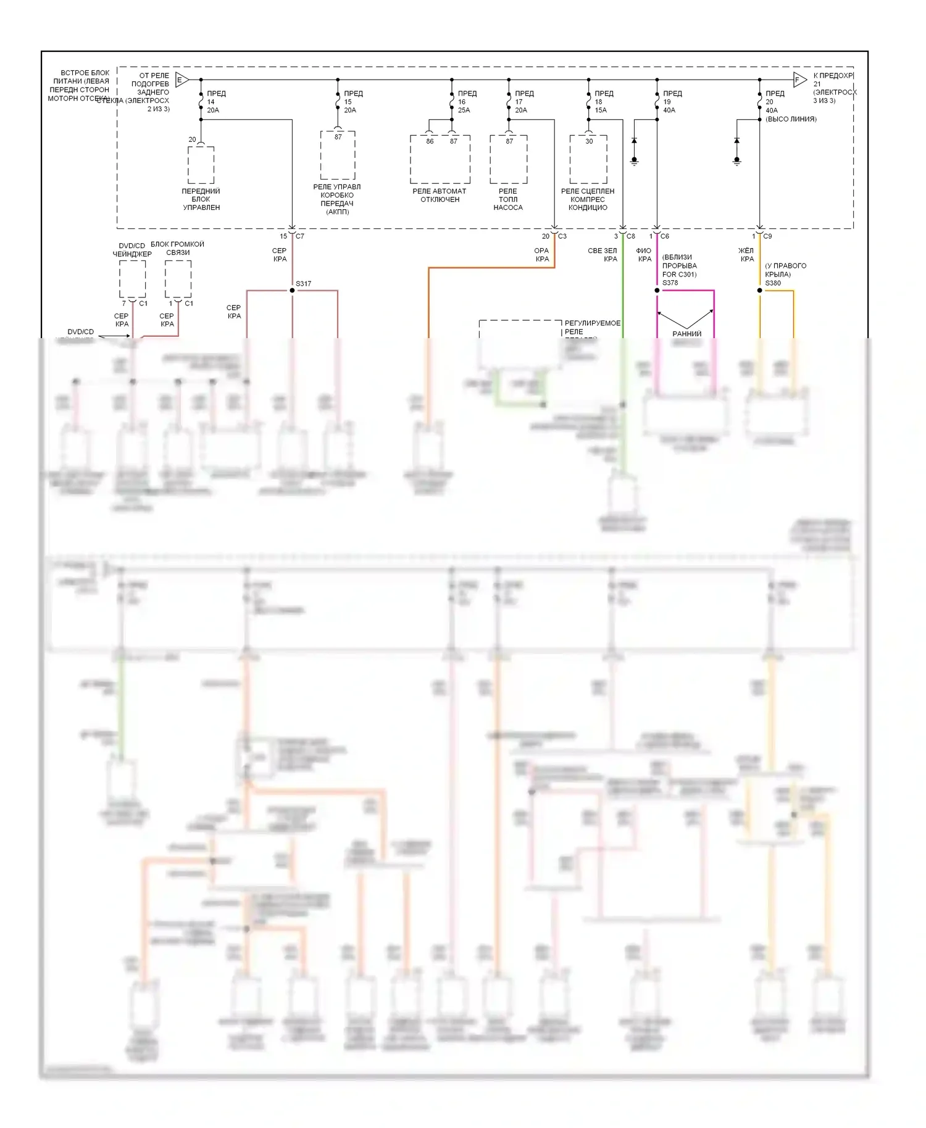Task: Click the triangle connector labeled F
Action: [799, 80]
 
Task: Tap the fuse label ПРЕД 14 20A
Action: [215, 102]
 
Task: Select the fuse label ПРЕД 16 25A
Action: [467, 102]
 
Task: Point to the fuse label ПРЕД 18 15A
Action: [603, 102]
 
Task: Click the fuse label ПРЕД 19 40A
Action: [672, 102]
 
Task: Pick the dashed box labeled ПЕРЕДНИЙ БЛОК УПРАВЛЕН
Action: [201, 165]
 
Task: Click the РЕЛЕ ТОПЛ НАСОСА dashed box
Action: [509, 159]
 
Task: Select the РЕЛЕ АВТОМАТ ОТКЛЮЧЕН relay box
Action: [440, 159]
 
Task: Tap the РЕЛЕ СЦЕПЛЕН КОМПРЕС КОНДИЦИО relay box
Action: [588, 159]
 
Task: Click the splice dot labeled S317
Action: [292, 290]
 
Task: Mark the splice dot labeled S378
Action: [657, 290]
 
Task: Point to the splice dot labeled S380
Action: [760, 290]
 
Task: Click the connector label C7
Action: [300, 236]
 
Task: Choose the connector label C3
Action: [562, 236]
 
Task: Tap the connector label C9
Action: [767, 236]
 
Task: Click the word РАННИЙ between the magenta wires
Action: [686, 334]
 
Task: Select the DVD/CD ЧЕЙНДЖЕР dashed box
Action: [133, 279]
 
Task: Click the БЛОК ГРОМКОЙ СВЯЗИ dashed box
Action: [178, 279]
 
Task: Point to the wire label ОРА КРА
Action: [541, 255]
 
